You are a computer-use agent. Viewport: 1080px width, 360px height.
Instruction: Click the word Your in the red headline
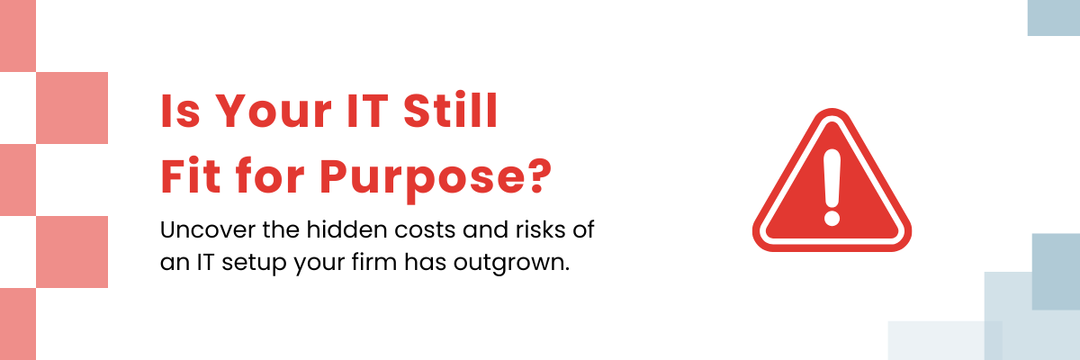click(273, 112)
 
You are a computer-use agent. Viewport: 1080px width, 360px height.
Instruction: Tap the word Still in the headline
click(450, 111)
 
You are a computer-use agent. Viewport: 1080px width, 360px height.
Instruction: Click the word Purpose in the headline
click(420, 180)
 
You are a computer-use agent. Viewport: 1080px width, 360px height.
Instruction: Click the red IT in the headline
click(368, 112)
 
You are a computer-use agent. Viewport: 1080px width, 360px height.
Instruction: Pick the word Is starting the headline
click(180, 112)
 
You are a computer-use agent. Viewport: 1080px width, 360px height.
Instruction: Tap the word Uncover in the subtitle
click(208, 229)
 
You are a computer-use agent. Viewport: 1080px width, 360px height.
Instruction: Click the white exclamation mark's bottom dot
click(832, 217)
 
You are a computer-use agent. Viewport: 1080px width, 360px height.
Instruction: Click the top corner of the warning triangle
click(832, 109)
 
